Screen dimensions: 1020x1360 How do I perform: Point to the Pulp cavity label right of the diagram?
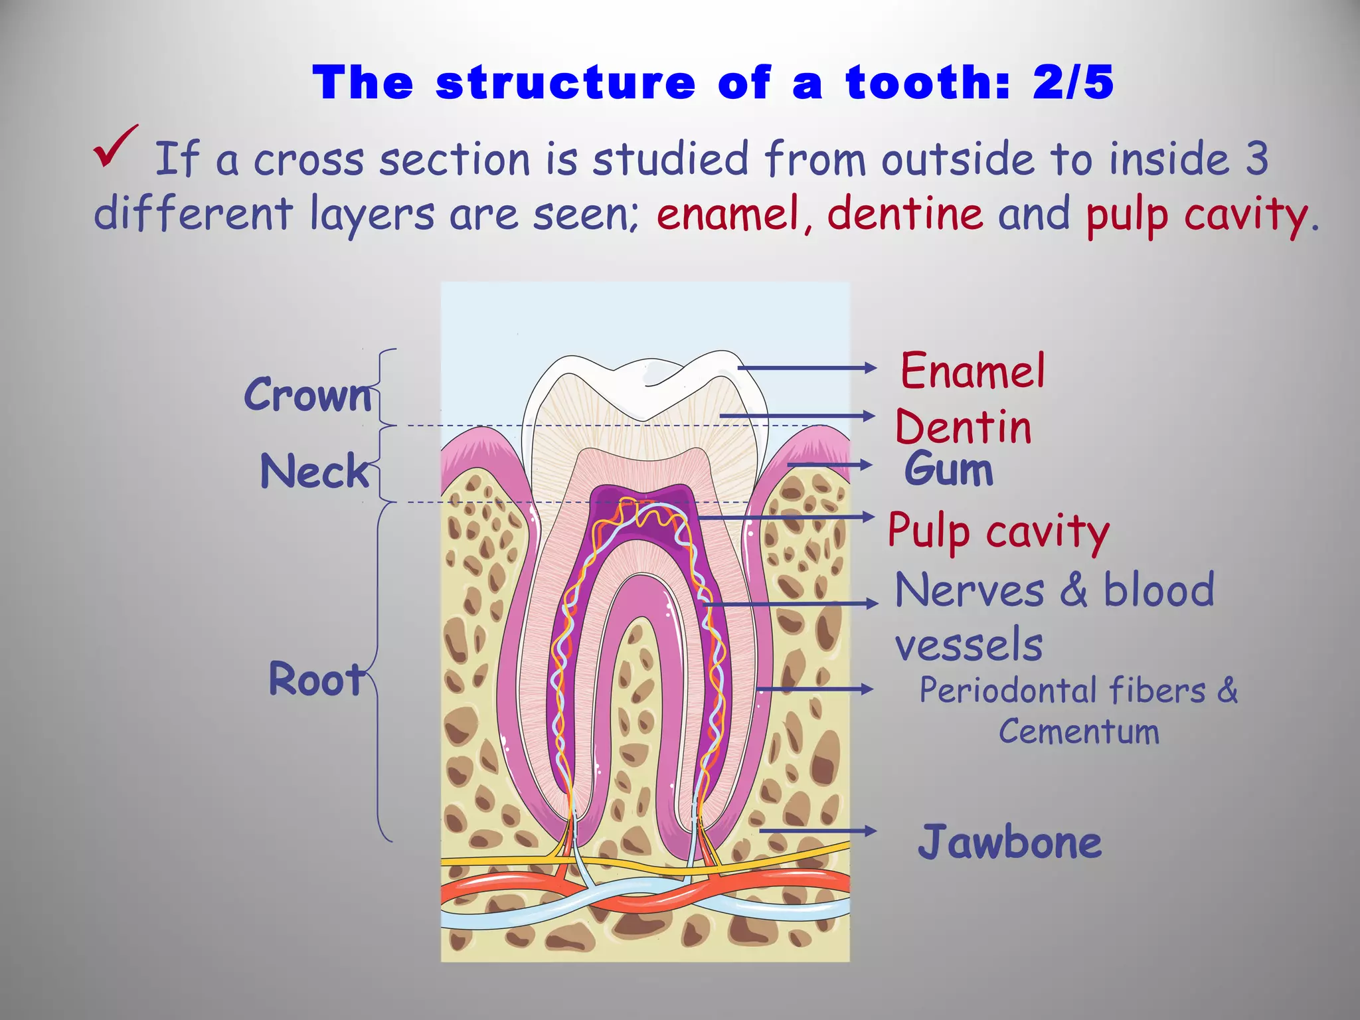pyautogui.click(x=998, y=532)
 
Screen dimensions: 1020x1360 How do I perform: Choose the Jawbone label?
pyautogui.click(x=1009, y=842)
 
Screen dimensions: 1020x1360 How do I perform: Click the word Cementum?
pyautogui.click(x=1079, y=732)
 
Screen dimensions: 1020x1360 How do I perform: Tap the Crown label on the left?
pyautogui.click(x=308, y=394)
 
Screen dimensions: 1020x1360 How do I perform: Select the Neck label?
pyautogui.click(x=314, y=471)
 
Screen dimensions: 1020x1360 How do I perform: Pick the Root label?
pyautogui.click(x=316, y=679)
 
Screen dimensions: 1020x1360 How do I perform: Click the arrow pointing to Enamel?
pyautogui.click(x=807, y=368)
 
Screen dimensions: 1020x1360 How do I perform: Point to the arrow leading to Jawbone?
pyautogui.click(x=817, y=831)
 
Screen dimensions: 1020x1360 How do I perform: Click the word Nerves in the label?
pyautogui.click(x=970, y=590)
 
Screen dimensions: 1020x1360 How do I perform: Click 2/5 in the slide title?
pyautogui.click(x=1073, y=83)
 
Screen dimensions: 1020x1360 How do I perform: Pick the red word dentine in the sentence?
pyautogui.click(x=905, y=214)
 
